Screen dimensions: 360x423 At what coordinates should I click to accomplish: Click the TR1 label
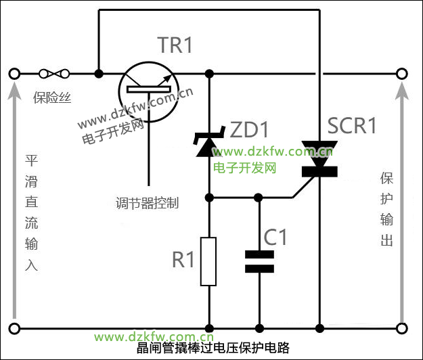click(x=175, y=45)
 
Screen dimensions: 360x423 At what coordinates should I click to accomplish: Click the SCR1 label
click(x=351, y=126)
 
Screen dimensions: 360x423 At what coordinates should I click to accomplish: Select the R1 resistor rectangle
click(x=208, y=261)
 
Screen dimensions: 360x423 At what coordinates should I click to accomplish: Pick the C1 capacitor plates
click(x=259, y=261)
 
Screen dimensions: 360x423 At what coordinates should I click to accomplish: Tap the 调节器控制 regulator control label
click(x=147, y=202)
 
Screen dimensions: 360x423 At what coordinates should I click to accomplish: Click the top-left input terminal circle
click(x=14, y=73)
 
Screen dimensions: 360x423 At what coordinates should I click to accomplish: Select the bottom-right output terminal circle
click(x=402, y=330)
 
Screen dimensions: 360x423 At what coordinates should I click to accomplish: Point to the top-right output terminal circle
click(x=402, y=73)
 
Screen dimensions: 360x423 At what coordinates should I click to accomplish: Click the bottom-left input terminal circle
click(x=14, y=330)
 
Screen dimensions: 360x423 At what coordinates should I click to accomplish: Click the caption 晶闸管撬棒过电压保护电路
click(x=213, y=348)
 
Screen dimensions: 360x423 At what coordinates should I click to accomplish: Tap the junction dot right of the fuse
click(x=99, y=73)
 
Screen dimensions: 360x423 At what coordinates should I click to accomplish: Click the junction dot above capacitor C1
click(x=259, y=198)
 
